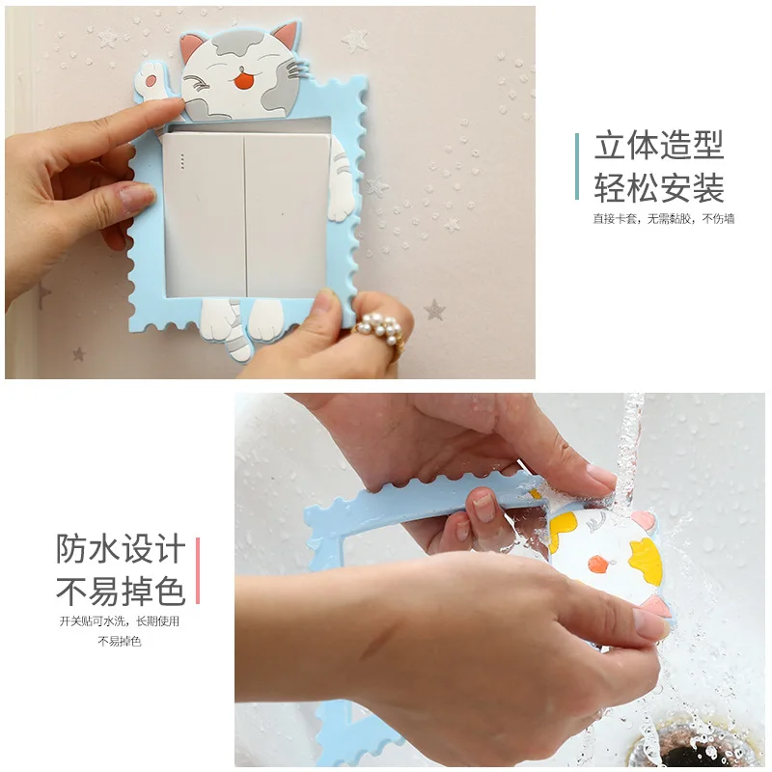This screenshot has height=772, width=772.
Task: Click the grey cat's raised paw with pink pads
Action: [150, 80]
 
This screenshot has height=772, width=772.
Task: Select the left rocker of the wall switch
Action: [204, 216]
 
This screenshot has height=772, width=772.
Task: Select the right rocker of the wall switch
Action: [287, 216]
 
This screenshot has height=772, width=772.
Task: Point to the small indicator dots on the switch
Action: [182, 161]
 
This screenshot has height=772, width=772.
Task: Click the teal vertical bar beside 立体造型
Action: [576, 166]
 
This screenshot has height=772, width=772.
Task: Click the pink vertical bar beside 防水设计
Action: [198, 570]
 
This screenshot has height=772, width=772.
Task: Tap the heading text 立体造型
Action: [659, 146]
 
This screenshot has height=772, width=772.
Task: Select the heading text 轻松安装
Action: [659, 188]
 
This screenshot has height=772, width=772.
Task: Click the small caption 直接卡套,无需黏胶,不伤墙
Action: [663, 219]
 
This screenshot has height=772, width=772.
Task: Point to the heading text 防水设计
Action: [121, 549]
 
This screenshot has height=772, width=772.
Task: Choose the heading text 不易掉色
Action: [121, 592]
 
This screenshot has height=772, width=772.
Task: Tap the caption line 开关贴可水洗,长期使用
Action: [120, 621]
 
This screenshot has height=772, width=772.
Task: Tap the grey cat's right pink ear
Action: [286, 36]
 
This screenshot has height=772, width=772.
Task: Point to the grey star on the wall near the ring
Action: [435, 310]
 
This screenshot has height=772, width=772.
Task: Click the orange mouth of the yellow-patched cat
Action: [598, 564]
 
